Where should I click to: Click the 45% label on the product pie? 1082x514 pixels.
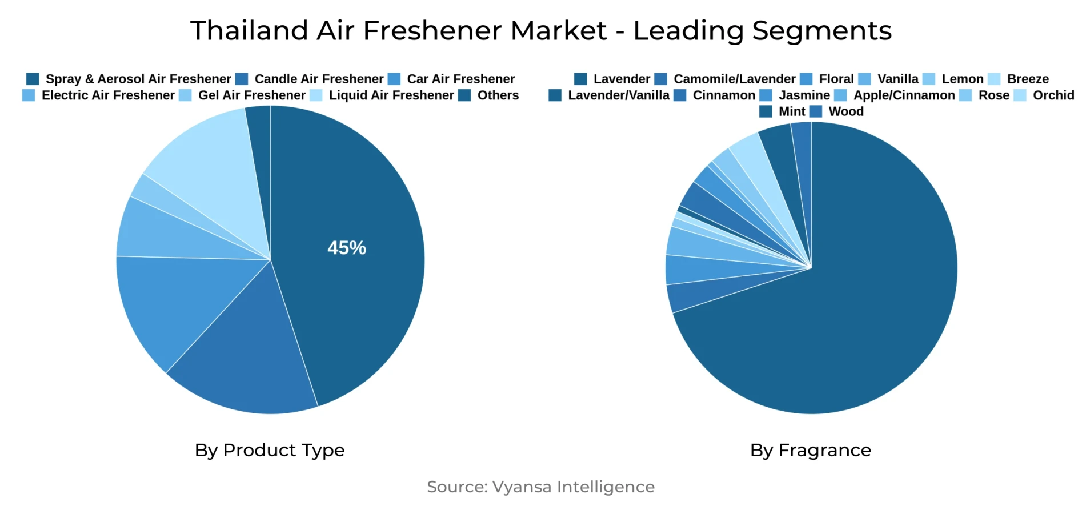[347, 248]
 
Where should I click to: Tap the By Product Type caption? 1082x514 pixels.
[270, 450]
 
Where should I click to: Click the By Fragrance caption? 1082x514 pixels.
[810, 450]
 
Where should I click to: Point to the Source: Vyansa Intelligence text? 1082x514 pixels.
[540, 487]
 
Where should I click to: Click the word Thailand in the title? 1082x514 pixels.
[249, 31]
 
